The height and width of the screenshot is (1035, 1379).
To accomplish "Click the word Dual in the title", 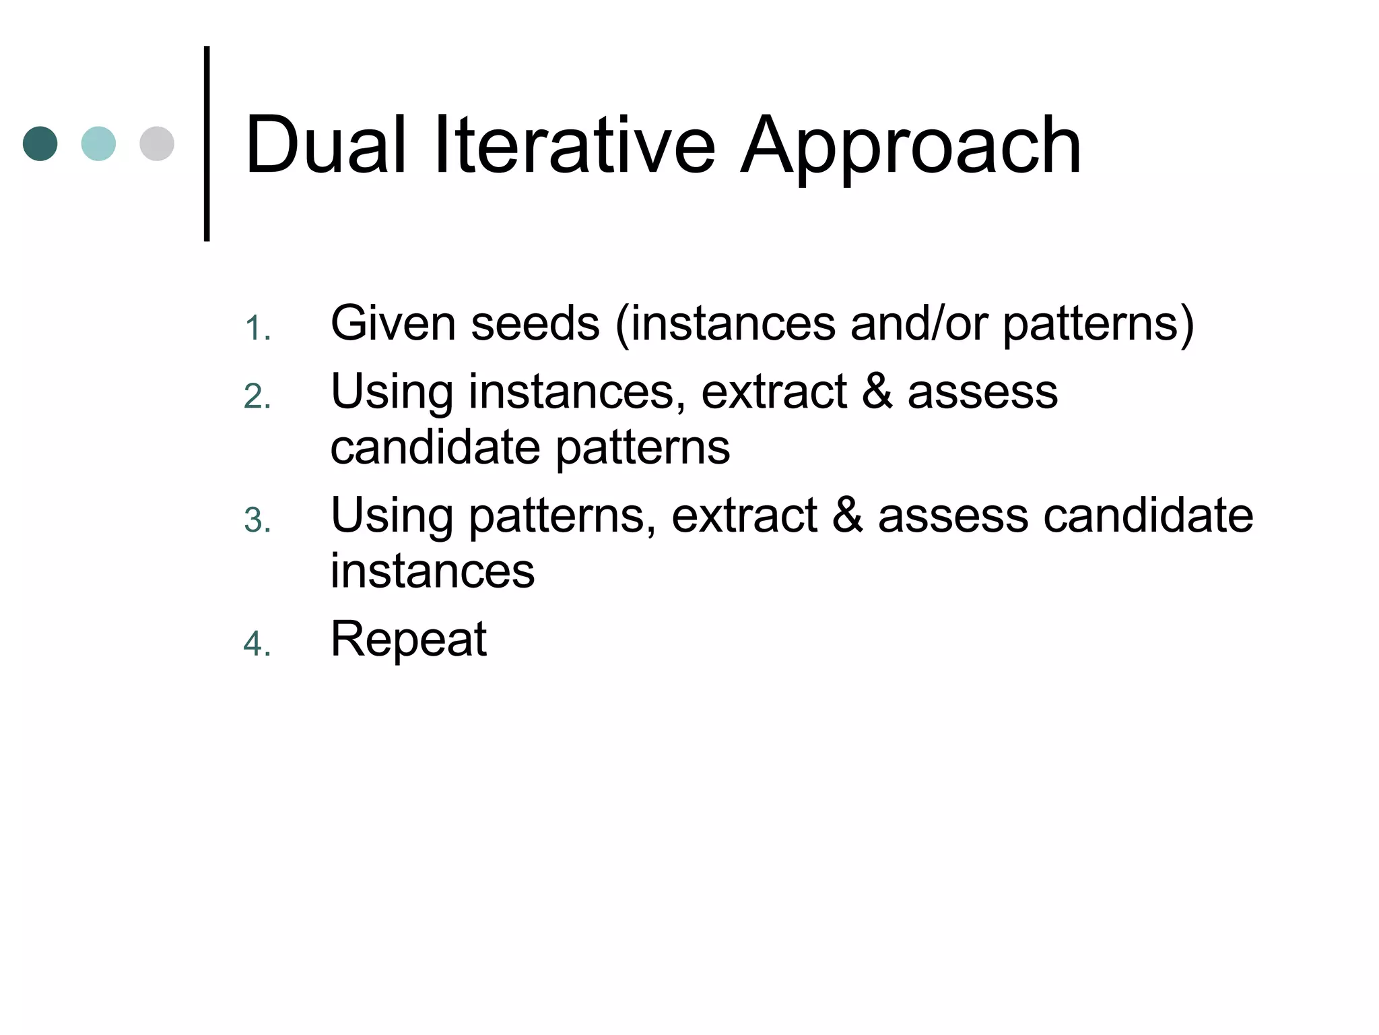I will tap(326, 145).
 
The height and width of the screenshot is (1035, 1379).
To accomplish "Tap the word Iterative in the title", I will tap(574, 145).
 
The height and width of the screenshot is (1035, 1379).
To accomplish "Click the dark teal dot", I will tap(40, 144).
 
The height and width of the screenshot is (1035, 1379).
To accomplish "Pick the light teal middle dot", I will tap(98, 144).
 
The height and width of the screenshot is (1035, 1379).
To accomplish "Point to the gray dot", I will tap(157, 144).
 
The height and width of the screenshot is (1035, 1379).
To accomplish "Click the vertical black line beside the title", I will tap(207, 144).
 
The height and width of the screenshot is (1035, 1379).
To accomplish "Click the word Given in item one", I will tap(393, 323).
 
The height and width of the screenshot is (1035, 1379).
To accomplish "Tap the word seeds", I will tap(535, 323).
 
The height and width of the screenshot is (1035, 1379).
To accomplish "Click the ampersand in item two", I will tap(877, 391).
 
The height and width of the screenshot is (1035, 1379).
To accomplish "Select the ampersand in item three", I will tap(848, 515).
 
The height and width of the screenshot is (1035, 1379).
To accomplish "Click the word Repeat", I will tap(408, 639).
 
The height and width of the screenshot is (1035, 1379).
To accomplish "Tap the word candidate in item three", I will tap(1148, 515).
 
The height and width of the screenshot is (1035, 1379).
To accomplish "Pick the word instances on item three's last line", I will tap(432, 571).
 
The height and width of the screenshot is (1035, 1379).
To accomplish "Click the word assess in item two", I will tap(982, 391).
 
